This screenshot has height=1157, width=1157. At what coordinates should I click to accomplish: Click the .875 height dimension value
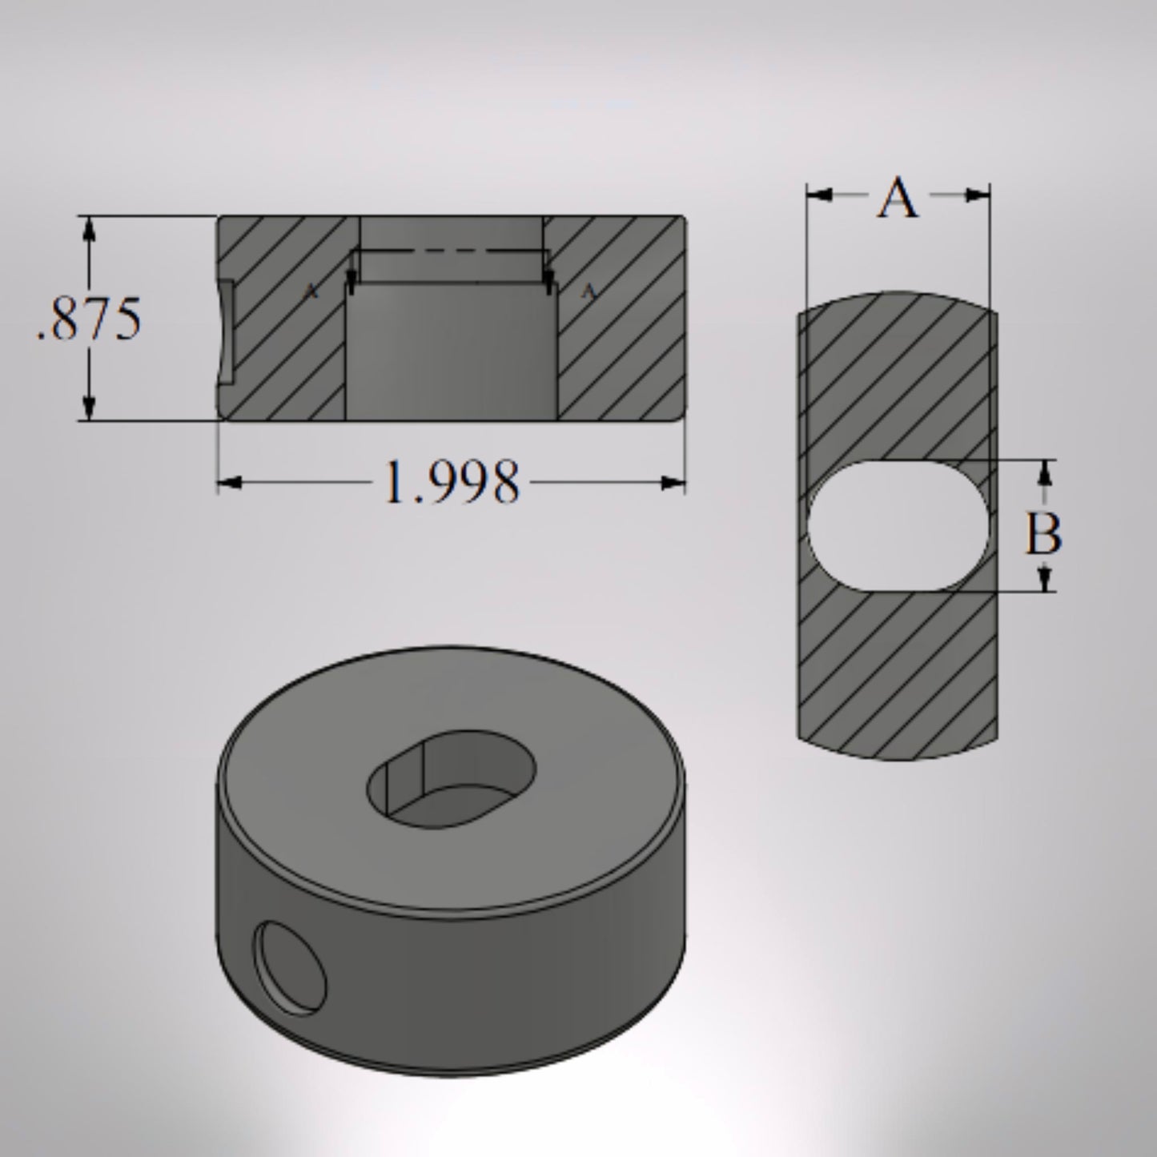90,319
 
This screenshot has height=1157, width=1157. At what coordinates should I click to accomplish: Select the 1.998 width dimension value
451,483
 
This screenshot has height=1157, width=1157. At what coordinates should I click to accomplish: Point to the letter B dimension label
1043,534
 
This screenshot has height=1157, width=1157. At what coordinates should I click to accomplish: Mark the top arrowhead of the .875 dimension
90,229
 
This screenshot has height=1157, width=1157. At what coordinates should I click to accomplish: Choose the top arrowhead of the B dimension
1043,473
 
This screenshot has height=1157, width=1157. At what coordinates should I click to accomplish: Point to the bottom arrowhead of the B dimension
1043,578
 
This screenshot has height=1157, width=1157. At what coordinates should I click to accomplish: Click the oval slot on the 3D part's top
451,777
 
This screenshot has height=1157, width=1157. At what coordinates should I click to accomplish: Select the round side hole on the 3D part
290,968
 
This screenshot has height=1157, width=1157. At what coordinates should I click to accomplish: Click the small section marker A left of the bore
311,292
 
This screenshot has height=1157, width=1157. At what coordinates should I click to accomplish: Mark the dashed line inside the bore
450,251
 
